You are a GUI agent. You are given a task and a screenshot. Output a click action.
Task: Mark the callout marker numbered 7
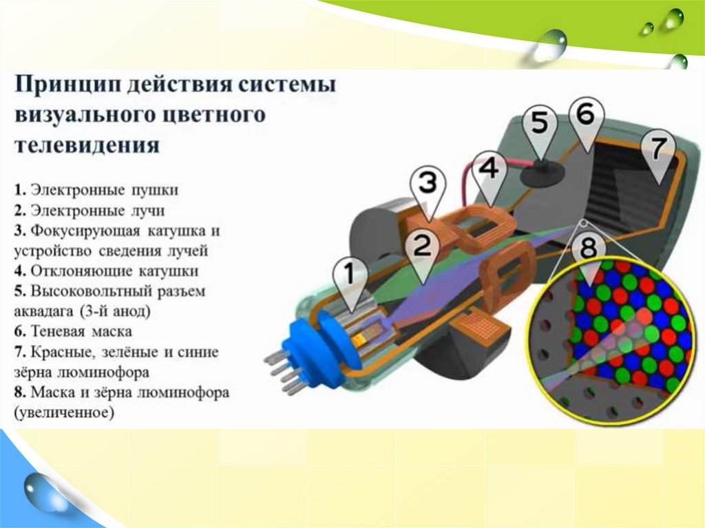659,149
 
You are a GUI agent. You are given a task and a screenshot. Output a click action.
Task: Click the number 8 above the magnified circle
589,249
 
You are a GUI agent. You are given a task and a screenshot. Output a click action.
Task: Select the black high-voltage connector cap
540,172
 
